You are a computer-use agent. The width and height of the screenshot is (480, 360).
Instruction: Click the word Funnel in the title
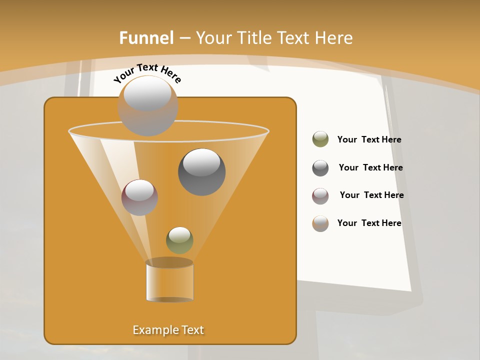click(146, 37)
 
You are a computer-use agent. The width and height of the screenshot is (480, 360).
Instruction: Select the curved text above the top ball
click(147, 73)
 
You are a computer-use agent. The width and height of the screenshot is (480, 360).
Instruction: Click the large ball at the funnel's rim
click(148, 106)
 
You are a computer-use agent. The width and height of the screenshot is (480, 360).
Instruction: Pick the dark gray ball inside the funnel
click(201, 172)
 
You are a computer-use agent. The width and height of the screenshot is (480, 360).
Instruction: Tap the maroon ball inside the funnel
click(139, 197)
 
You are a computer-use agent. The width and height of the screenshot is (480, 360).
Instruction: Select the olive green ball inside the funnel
click(179, 240)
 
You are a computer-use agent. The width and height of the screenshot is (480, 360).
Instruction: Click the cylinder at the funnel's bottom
click(169, 281)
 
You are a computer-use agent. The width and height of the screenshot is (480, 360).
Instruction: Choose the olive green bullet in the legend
click(320, 139)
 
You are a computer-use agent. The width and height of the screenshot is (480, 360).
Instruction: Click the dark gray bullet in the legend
click(320, 168)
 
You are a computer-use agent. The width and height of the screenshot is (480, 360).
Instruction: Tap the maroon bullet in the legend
click(320, 196)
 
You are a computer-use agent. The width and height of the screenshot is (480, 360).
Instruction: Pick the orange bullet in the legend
click(320, 223)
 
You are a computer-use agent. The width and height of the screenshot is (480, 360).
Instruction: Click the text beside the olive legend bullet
click(369, 140)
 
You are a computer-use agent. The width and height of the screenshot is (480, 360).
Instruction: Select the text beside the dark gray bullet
click(370, 168)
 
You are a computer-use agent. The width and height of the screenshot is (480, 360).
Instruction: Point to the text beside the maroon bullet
click(371, 195)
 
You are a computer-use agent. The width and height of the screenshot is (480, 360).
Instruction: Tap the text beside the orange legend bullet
click(369, 223)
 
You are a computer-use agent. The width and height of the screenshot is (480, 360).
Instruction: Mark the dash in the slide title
click(184, 38)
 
